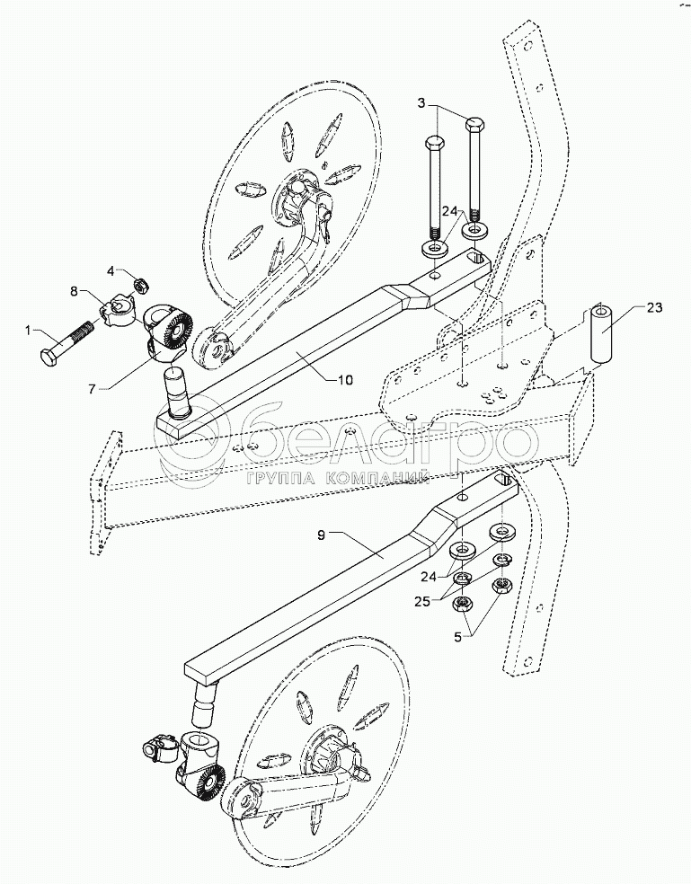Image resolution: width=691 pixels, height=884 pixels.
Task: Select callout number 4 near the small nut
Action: click(x=111, y=270)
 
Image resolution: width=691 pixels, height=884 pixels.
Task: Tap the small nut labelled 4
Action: click(x=139, y=286)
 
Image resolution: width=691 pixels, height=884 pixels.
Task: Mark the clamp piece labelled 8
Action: click(x=115, y=311)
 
